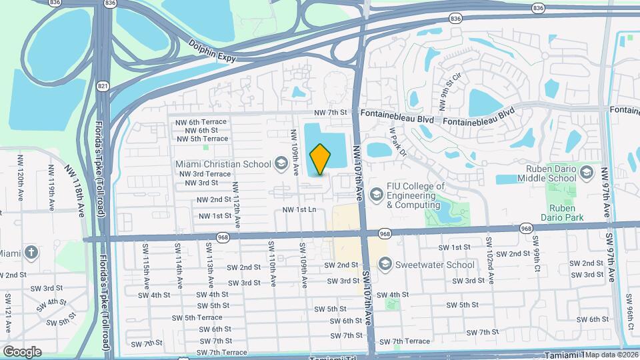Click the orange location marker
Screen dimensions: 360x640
point(321,159)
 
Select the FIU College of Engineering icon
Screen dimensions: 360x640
point(376,194)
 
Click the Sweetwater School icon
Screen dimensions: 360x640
point(384,265)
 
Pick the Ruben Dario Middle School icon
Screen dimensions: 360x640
point(587,173)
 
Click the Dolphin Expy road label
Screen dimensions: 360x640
point(213,53)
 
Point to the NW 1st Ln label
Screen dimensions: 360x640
point(299,210)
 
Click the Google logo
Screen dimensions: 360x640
point(22,351)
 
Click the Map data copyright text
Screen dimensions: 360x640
point(611,355)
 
